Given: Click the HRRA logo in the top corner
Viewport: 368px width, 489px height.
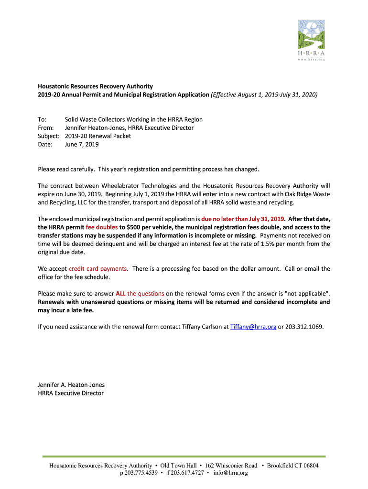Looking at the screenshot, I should point(311,40).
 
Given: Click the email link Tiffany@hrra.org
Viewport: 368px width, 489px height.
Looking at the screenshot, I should point(253,327).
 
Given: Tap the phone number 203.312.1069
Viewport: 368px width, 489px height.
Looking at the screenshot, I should point(304,327).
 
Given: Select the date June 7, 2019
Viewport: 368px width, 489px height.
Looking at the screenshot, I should point(82,145).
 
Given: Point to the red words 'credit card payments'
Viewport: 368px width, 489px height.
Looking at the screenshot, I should point(98,269).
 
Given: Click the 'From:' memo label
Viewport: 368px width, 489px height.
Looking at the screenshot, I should point(46,128).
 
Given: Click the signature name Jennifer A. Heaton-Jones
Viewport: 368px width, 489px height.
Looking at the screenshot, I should point(71,385).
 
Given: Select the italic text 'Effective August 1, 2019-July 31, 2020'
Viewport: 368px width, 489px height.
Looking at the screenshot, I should point(264,95).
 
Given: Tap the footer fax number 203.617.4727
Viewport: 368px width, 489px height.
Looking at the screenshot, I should point(187,473).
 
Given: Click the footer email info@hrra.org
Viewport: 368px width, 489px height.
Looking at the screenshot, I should point(231,473).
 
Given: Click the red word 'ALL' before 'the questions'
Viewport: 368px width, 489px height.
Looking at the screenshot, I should point(120,294).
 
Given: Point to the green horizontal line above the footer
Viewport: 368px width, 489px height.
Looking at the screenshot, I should point(184,457).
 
